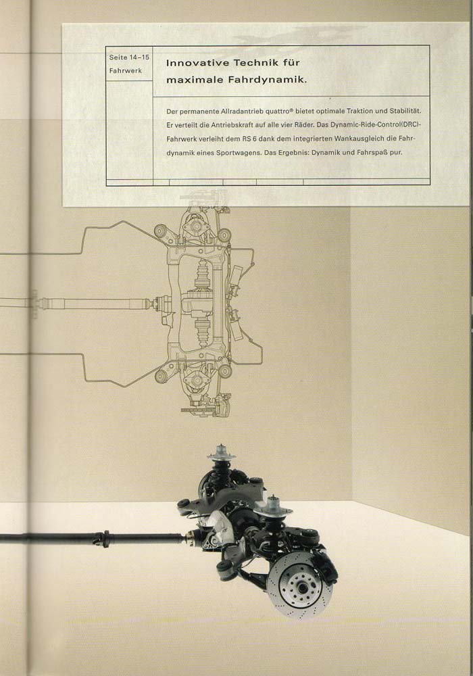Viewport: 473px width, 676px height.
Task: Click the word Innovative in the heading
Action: [197, 63]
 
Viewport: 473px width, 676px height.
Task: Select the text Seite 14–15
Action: [129, 57]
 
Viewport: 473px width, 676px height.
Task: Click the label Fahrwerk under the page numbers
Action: [126, 71]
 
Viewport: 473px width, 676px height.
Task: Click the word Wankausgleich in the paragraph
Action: [341, 139]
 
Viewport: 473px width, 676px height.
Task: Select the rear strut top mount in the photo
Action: [220, 454]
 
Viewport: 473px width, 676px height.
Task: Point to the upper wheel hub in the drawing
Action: [196, 226]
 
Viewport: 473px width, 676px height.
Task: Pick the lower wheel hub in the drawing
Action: [197, 380]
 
